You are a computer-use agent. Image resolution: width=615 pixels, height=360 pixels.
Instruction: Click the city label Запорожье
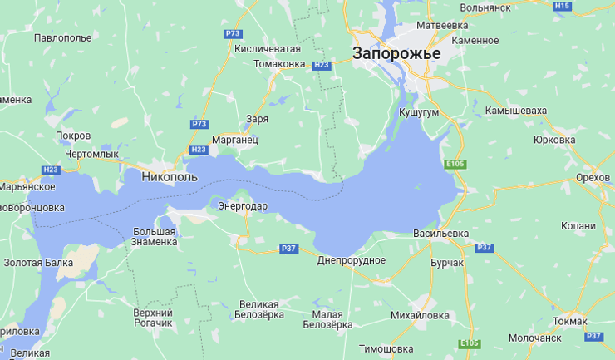396,53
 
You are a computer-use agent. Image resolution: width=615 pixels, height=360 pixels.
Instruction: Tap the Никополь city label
170,177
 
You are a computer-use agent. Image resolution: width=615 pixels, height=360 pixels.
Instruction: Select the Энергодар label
243,205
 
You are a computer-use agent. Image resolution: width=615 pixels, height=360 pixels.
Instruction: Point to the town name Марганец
235,140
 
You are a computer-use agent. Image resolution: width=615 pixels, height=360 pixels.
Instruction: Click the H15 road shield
563,7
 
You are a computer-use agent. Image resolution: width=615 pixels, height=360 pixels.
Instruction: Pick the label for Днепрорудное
352,260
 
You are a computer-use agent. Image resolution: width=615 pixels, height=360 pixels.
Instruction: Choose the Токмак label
569,321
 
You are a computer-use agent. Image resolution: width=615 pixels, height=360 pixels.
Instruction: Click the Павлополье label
63,38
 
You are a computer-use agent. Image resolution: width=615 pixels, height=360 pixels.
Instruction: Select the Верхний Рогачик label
153,317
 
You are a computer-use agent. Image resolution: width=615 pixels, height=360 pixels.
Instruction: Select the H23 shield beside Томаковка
322,64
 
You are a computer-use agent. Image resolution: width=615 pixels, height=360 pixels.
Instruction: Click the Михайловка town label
420,315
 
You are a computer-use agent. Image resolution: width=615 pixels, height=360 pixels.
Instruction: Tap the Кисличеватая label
267,48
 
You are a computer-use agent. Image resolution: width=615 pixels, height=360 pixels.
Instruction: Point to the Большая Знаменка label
154,236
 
